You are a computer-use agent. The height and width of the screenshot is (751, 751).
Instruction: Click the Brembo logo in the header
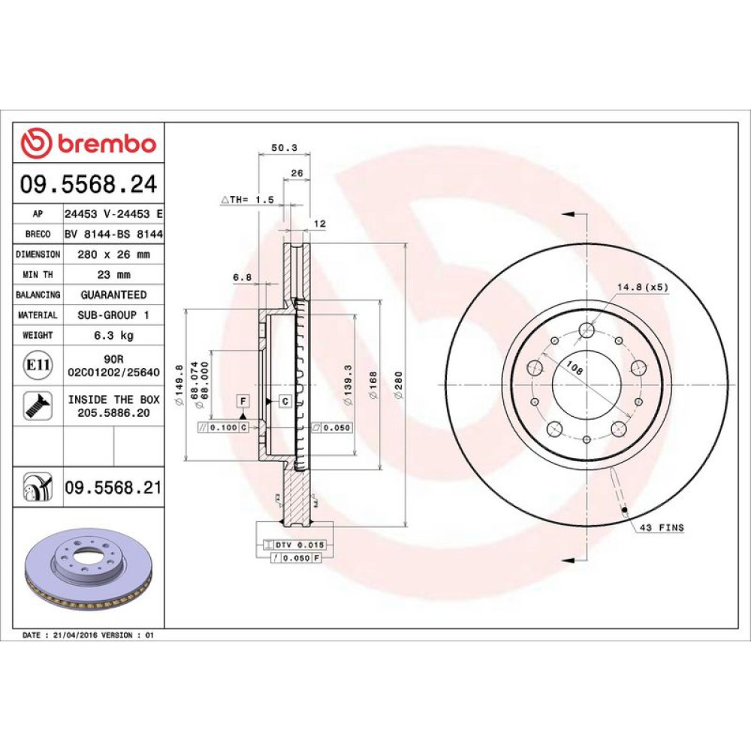pyautogui.click(x=89, y=143)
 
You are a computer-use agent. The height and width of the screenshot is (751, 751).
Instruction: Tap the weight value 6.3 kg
pyautogui.click(x=114, y=335)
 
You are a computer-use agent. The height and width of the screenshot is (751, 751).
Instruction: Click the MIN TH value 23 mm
pyautogui.click(x=114, y=274)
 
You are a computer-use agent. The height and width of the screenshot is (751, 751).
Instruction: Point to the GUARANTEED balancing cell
pyautogui.click(x=114, y=294)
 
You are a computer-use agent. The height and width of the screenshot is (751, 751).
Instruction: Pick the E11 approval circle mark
pyautogui.click(x=38, y=365)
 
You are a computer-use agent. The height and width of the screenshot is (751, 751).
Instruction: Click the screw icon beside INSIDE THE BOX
pyautogui.click(x=38, y=406)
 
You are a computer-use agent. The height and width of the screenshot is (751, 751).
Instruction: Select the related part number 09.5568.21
pyautogui.click(x=113, y=487)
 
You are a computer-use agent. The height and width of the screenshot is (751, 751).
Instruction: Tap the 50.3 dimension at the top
pyautogui.click(x=284, y=147)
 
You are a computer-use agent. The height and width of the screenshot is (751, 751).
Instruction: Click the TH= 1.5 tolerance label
pyautogui.click(x=248, y=200)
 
